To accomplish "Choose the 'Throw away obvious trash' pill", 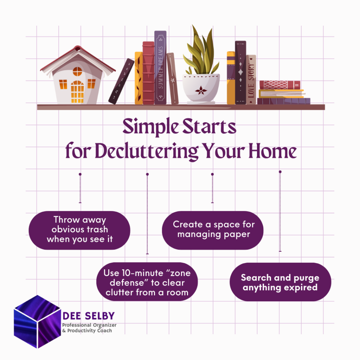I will click(79, 230).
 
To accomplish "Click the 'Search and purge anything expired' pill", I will click(280, 282).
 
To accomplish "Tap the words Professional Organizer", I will click(89, 325).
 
